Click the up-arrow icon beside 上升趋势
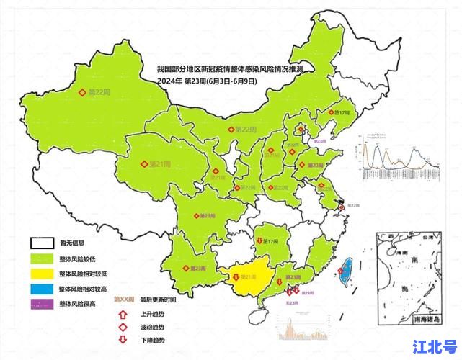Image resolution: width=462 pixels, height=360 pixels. point(124,314)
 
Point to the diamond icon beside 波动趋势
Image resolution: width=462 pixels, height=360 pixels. point(124,327)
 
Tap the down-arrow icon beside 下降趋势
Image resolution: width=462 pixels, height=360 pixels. point(124,339)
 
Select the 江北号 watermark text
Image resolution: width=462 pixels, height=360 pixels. point(434,346)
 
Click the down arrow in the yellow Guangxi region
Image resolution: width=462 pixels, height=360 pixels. point(236,276)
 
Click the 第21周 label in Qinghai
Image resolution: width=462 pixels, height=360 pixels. point(159,164)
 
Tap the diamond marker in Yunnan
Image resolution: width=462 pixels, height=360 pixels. point(185,268)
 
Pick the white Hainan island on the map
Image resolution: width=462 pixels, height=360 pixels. point(262,315)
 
